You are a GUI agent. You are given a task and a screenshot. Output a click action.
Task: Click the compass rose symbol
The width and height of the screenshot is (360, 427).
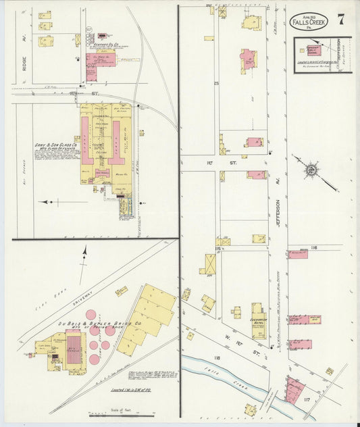click(x=311, y=169)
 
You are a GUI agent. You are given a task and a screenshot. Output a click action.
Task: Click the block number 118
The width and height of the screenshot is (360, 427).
click(x=217, y=357)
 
